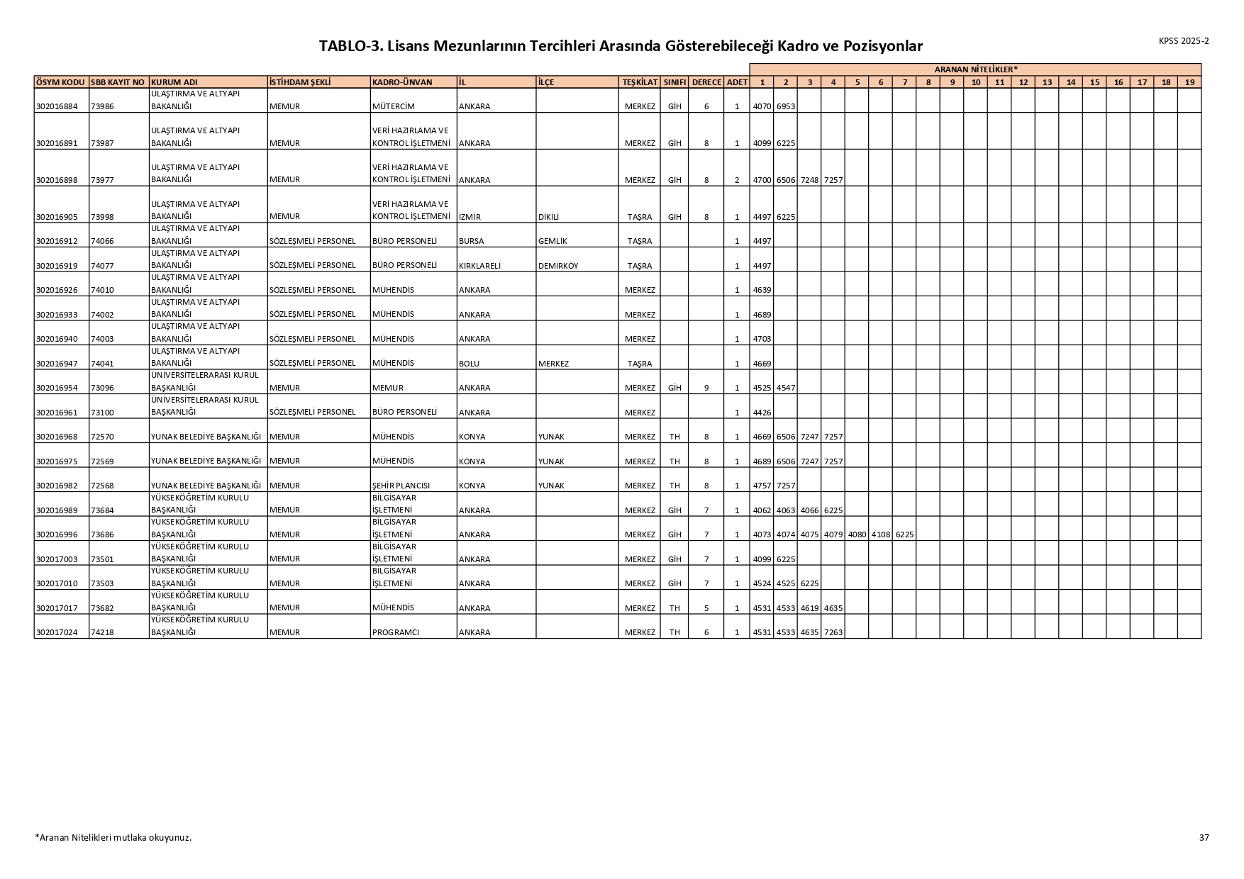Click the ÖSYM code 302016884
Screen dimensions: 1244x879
coord(56,106)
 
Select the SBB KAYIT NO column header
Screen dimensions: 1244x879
coord(118,82)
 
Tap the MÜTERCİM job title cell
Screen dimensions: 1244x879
coord(393,106)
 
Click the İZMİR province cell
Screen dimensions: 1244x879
coord(470,217)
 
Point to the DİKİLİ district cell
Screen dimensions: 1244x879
coord(549,217)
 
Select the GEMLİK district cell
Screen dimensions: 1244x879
coord(552,241)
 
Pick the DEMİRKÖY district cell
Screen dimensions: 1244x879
coord(558,266)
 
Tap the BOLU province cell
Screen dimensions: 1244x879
coord(469,364)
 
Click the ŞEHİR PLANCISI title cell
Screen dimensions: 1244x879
coord(401,486)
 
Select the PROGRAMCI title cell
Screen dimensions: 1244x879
coord(396,632)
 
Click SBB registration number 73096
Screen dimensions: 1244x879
coord(102,388)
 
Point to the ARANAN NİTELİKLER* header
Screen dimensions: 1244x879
coord(975,69)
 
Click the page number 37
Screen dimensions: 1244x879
coord(1204,837)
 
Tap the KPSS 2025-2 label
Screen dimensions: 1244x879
coord(1184,41)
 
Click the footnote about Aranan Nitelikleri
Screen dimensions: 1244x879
coord(113,837)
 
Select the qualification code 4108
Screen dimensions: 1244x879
coord(880,534)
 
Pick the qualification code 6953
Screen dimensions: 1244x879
coord(786,106)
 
